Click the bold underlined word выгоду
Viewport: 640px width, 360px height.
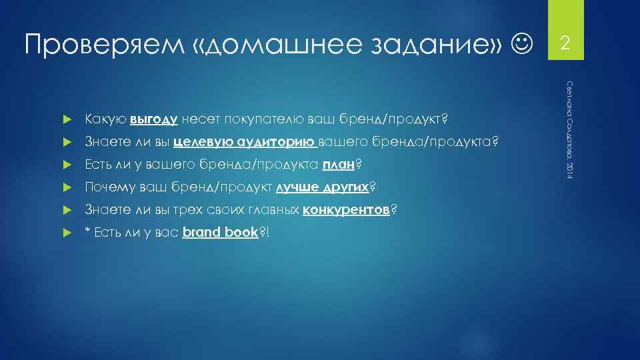[153, 119]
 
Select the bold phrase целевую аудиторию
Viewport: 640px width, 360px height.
[245, 142]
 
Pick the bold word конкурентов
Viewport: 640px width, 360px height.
[346, 210]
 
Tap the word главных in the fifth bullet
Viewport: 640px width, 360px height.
[275, 210]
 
